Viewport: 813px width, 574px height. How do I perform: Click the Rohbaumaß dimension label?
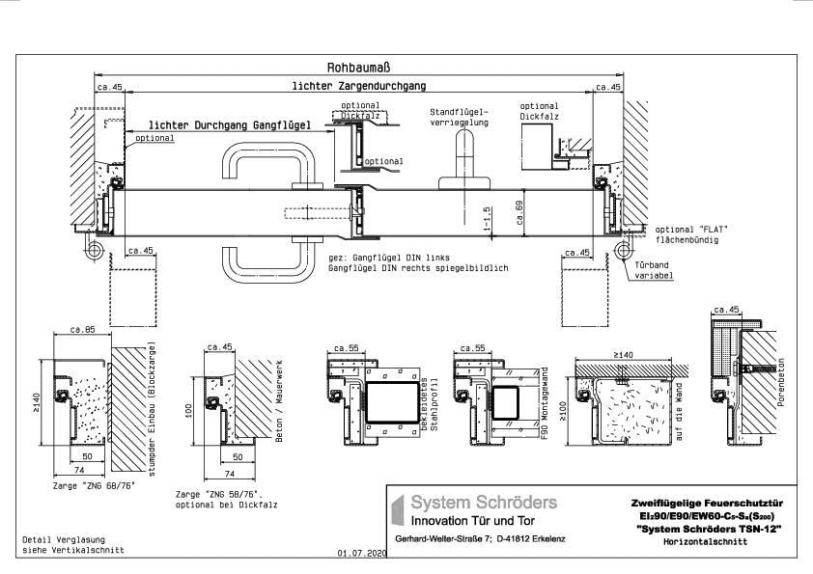coord(358,68)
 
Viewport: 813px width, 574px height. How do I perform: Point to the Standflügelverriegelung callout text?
coord(461,118)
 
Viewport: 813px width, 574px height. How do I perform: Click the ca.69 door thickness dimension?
coord(519,212)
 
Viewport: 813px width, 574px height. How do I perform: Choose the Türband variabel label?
coord(654,269)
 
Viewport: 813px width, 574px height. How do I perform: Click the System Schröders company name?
coord(484,503)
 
